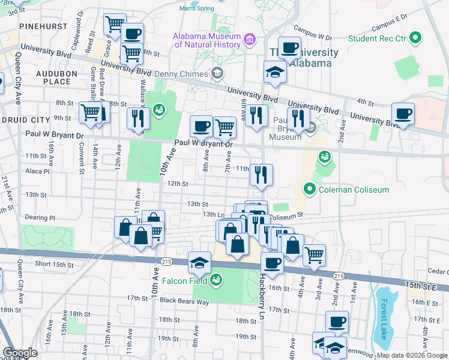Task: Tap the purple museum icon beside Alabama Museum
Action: pos(250,40)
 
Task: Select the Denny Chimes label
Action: pos(180,74)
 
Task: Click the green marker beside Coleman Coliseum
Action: pos(310,190)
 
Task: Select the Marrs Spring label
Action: pos(196,8)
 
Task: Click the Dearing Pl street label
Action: pos(40,218)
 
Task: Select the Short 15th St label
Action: pos(55,264)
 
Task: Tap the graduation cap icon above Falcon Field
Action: pos(199,262)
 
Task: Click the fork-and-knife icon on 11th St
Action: pos(261,175)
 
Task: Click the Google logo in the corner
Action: pos(19,353)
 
